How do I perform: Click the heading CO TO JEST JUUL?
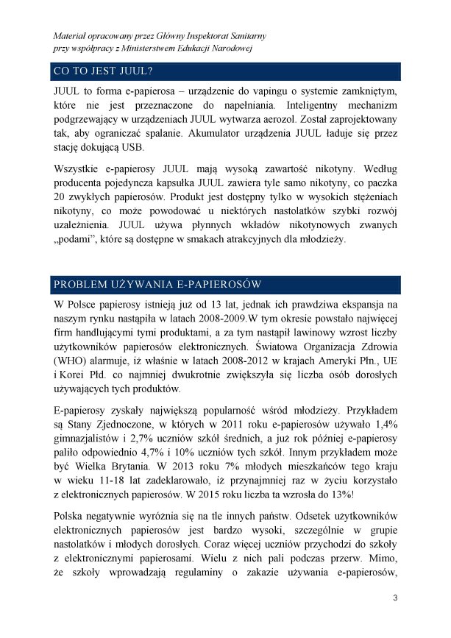(x=102, y=71)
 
